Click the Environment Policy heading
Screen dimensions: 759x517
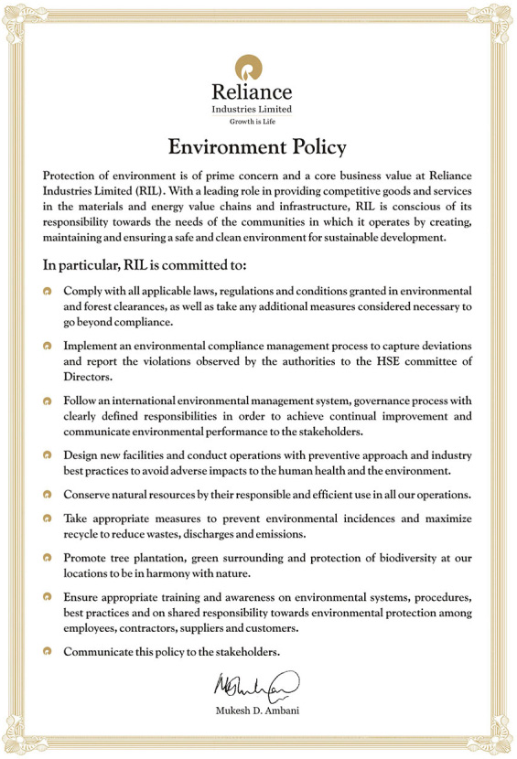tap(257, 146)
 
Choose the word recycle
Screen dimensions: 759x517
tap(83, 533)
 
